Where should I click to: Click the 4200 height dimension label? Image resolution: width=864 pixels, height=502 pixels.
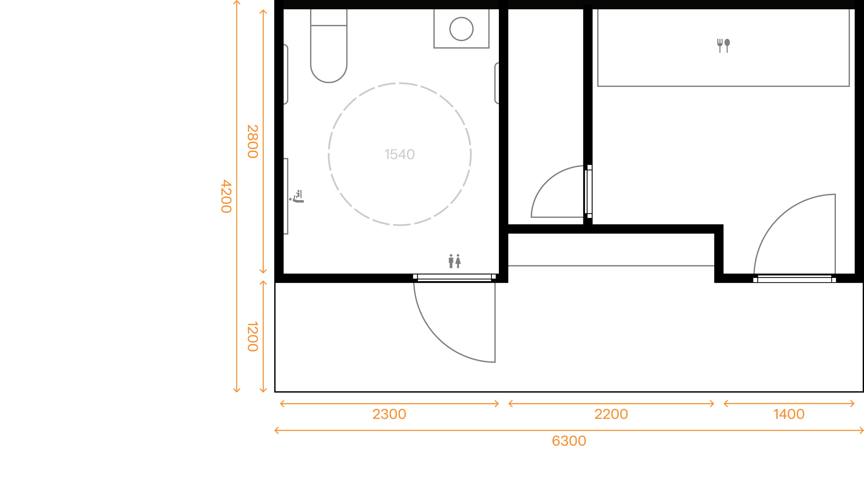point(226,196)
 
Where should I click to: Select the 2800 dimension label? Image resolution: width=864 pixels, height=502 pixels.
point(253,142)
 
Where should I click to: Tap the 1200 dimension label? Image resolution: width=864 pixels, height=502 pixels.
point(253,336)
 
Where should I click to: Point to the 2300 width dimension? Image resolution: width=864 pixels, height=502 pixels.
point(389,414)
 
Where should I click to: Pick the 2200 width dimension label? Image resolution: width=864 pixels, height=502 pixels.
point(611,414)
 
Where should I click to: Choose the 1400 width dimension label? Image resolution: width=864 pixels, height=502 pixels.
point(789,414)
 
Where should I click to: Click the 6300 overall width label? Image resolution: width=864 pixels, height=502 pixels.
point(569,441)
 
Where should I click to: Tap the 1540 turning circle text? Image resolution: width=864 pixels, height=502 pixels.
point(399,154)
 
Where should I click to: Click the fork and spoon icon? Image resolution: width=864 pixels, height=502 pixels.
point(724,46)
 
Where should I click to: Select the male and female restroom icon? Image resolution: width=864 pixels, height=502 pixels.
point(455,261)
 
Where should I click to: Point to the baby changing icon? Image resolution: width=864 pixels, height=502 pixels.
point(297,196)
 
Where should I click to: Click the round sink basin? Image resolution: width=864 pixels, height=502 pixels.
point(461,29)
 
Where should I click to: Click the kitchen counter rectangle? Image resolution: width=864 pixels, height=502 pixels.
point(724,68)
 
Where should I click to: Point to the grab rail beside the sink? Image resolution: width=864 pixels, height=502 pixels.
point(497,83)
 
